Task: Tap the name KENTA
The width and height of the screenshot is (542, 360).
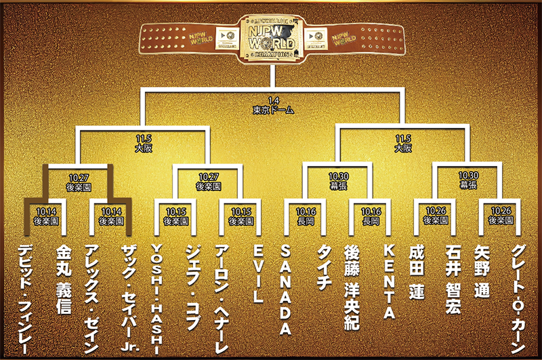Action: coord(389,282)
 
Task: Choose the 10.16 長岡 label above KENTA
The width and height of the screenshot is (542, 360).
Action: coord(371,216)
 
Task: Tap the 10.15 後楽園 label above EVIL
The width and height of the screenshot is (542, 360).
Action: coord(241,216)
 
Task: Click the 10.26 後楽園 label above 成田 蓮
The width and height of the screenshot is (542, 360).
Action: coord(436,216)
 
